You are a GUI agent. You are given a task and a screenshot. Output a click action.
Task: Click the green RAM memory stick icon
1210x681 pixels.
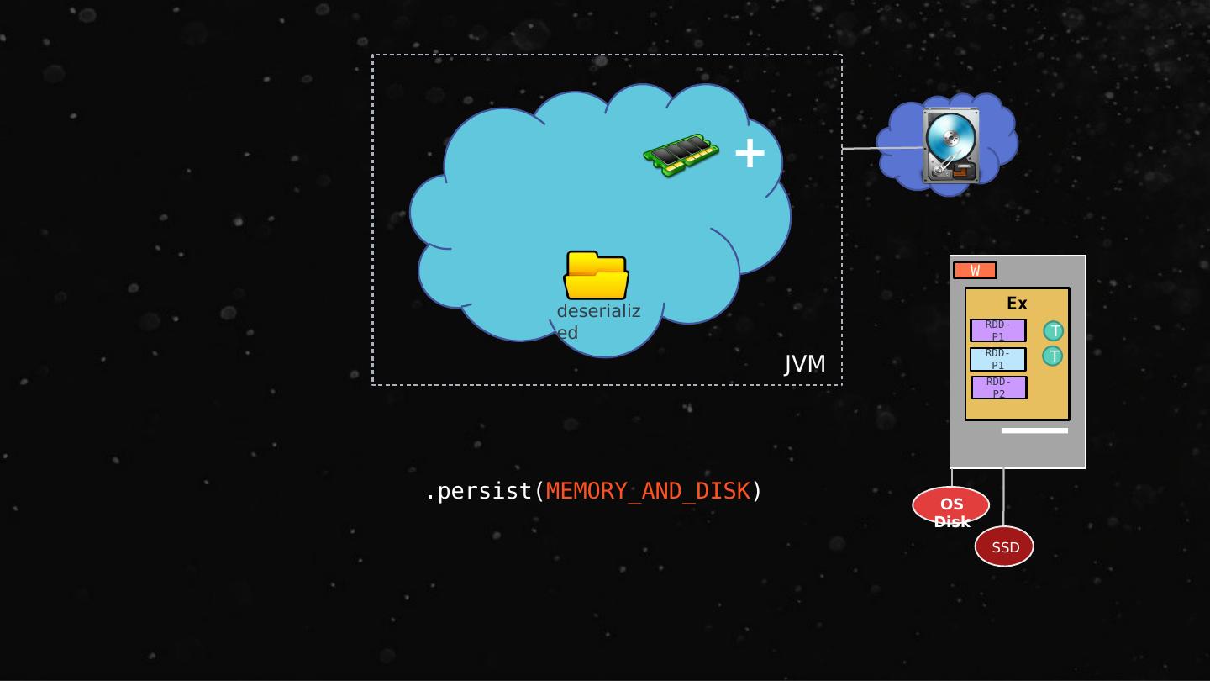coord(681,155)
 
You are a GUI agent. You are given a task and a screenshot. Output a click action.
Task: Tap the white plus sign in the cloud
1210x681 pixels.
coord(750,153)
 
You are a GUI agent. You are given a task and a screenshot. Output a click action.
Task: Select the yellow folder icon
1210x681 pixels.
coord(597,275)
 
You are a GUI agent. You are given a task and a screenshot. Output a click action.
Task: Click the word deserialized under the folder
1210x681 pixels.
coord(597,321)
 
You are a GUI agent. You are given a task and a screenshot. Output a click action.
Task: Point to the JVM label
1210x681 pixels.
coord(805,364)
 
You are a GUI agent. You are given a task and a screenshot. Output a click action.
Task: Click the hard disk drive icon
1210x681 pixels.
coord(950,145)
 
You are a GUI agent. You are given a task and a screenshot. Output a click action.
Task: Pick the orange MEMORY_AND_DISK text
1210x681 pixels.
coord(647,491)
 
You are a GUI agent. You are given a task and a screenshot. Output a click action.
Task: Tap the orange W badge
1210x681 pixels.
coord(975,270)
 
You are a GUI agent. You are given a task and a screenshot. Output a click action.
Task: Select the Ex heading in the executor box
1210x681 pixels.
coord(1017,304)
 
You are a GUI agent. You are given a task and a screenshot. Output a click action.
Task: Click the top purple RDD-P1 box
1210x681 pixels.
coord(997,330)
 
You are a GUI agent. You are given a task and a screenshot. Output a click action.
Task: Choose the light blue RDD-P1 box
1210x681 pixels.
coord(997,359)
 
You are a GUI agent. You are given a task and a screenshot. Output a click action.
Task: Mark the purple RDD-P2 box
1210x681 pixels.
coord(998,388)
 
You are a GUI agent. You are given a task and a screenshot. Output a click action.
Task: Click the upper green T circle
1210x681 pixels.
coord(1053,330)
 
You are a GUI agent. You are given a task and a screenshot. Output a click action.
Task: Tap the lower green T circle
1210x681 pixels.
coord(1052,356)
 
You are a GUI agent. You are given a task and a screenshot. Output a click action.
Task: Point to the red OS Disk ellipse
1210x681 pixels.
coord(950,505)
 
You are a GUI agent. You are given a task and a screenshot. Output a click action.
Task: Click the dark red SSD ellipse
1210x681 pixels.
coord(1004,546)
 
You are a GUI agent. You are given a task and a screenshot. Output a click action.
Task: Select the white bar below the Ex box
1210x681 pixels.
coord(1034,430)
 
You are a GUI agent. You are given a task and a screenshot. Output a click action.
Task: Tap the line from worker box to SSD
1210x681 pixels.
coord(1003,496)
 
